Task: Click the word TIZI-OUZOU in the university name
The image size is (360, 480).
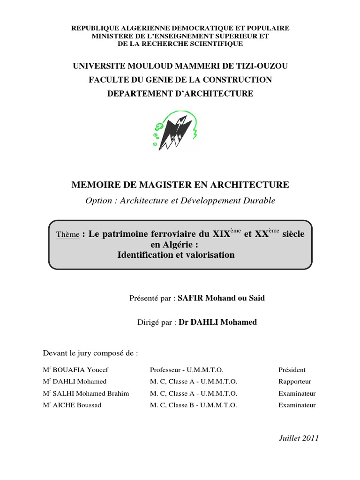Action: coord(265,66)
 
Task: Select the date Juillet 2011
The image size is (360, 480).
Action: coord(298,438)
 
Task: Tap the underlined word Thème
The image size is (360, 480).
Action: coord(67,235)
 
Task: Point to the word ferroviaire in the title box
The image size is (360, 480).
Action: coord(175,234)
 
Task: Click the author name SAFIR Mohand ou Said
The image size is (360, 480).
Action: coord(221,298)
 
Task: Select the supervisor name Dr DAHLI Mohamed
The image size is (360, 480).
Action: coord(217,322)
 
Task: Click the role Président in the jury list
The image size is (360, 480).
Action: coord(292,370)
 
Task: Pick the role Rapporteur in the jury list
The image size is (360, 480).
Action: coord(294,382)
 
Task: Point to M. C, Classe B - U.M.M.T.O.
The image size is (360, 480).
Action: coord(193,405)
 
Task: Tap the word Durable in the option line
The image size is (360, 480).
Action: coord(260,201)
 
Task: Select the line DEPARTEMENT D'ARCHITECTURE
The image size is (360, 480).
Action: coord(180,94)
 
